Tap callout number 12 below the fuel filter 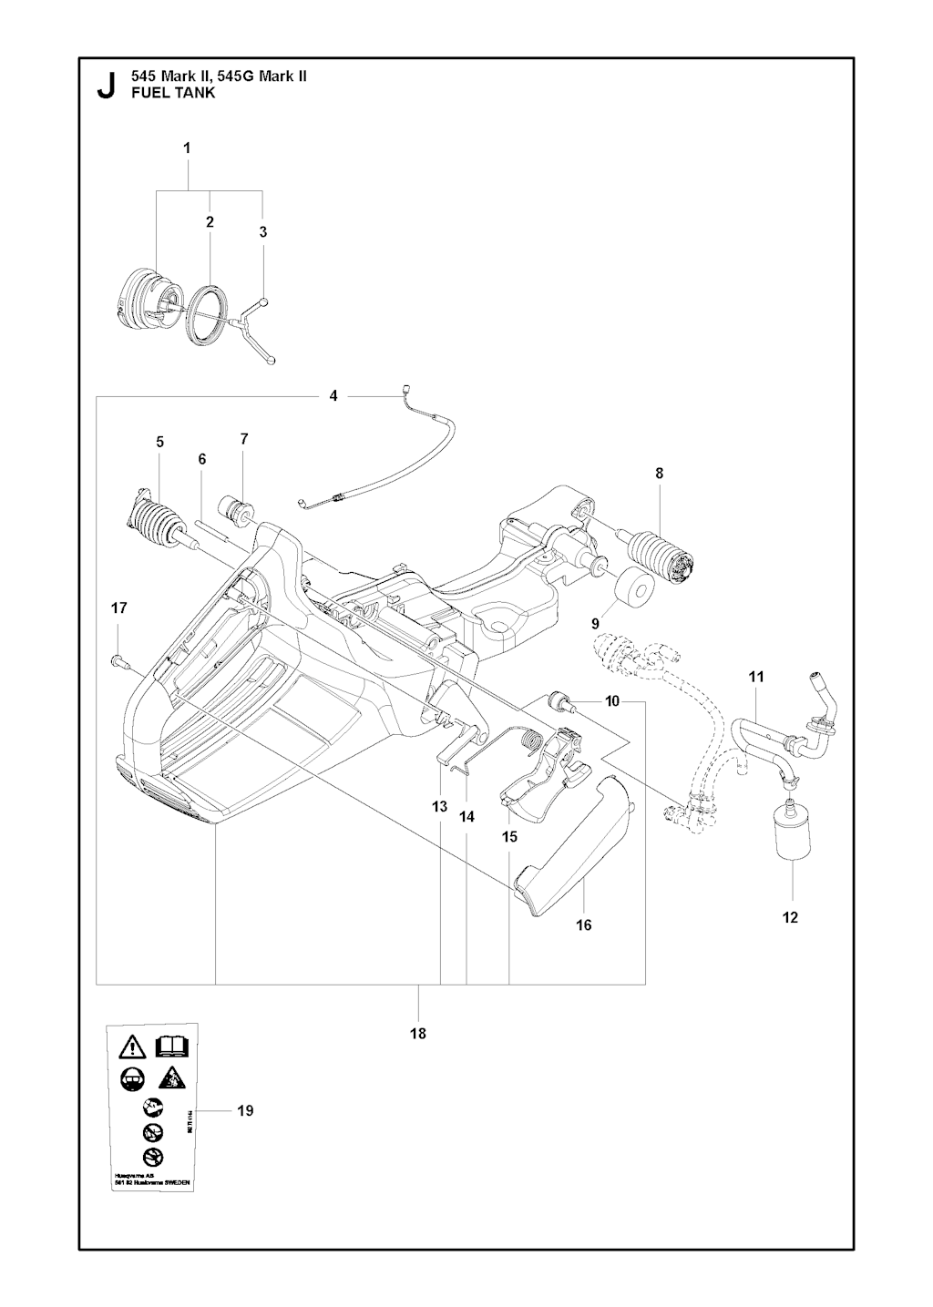point(790,917)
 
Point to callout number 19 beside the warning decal point(244,1110)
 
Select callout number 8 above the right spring point(659,473)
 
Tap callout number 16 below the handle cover point(584,924)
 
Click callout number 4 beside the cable point(333,395)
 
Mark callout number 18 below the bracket point(418,1033)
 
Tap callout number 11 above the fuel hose point(756,677)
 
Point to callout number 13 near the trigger point(440,806)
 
